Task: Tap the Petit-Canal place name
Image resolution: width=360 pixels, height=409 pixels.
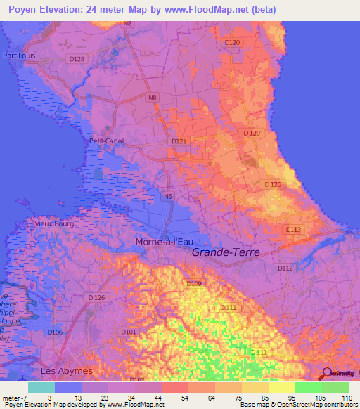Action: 106,141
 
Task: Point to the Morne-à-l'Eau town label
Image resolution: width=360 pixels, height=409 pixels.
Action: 164,242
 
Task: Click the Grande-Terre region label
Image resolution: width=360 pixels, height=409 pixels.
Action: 226,252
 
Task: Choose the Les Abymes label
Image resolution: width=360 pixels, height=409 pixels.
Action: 67,370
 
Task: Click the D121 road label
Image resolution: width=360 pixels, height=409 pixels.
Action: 179,141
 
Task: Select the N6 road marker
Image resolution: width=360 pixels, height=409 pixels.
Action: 167,197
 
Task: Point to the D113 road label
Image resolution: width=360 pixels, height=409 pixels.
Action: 293,229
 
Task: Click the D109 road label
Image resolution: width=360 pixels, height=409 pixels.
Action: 194,283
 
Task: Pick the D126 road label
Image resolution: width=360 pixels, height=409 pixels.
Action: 97,298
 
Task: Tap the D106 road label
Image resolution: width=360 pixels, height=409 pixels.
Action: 55,332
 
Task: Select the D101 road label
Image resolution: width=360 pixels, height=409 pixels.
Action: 128,332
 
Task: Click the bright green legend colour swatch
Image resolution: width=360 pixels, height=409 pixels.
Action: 308,387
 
